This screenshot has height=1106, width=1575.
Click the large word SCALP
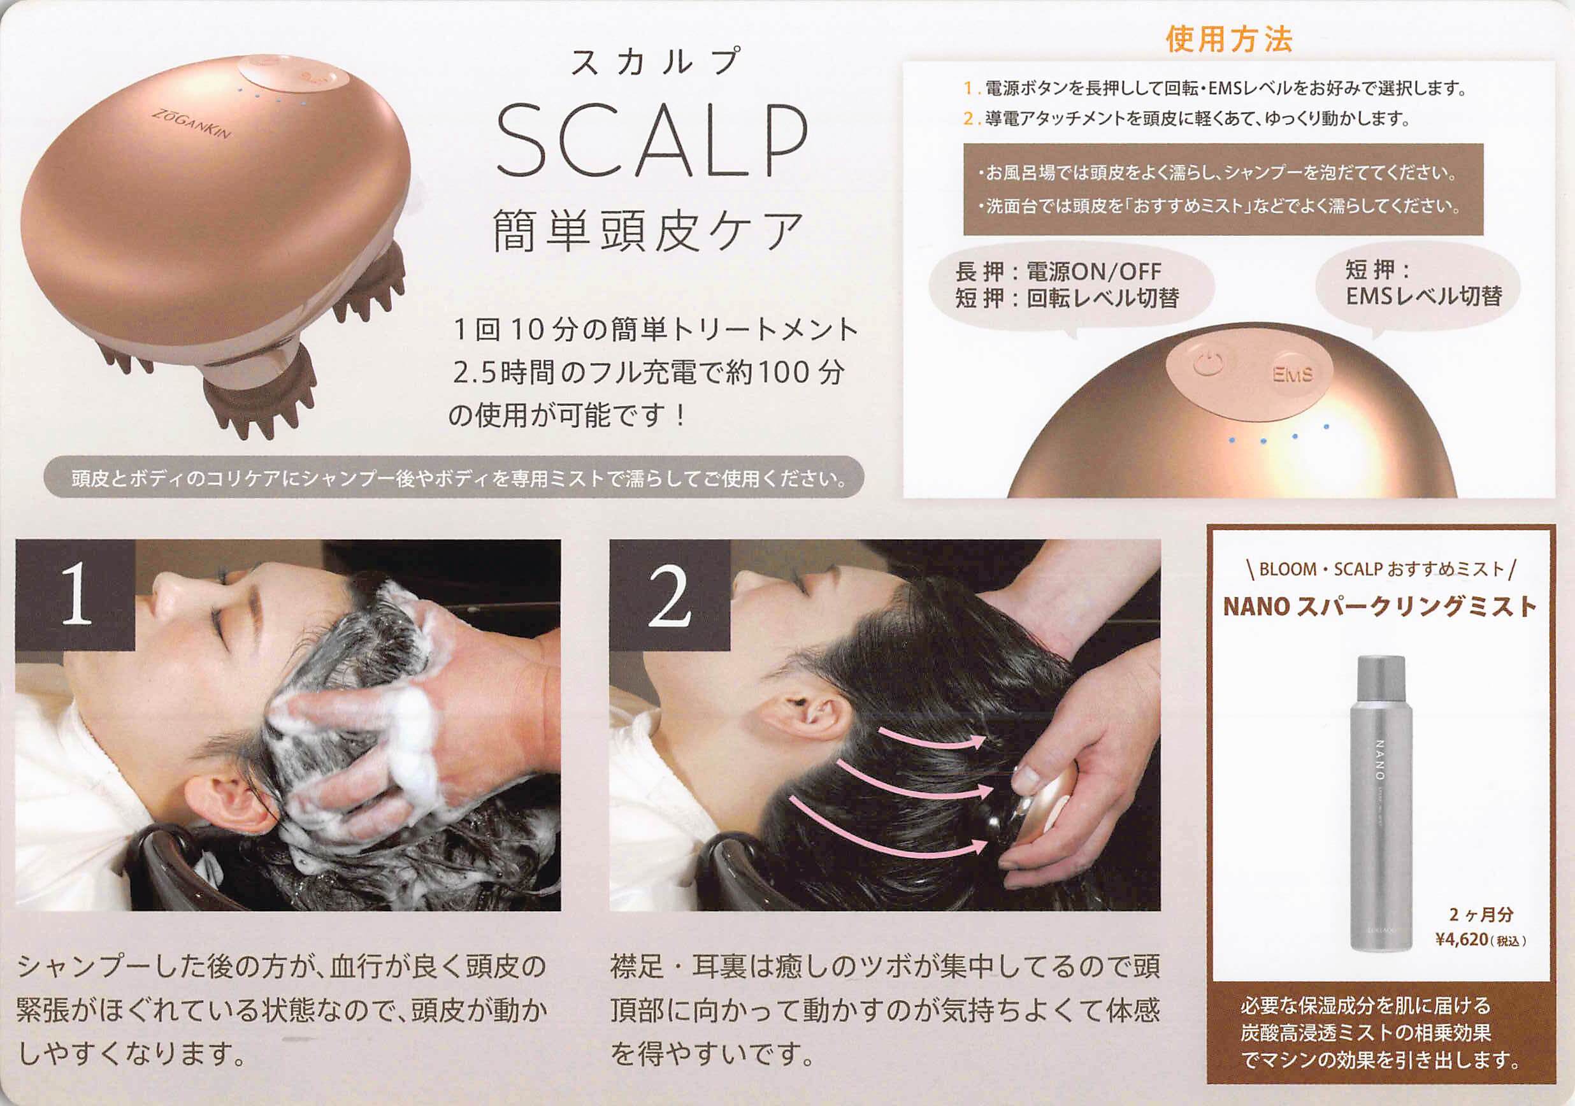[x=651, y=141]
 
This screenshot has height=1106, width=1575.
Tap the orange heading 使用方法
[x=1228, y=39]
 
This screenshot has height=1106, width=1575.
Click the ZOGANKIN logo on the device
[x=191, y=123]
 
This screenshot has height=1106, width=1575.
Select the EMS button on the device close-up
[x=1292, y=375]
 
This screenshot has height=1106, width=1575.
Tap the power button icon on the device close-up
[x=1208, y=364]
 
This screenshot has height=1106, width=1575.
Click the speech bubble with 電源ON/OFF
[x=1070, y=285]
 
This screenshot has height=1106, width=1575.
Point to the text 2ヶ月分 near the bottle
[x=1480, y=915]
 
